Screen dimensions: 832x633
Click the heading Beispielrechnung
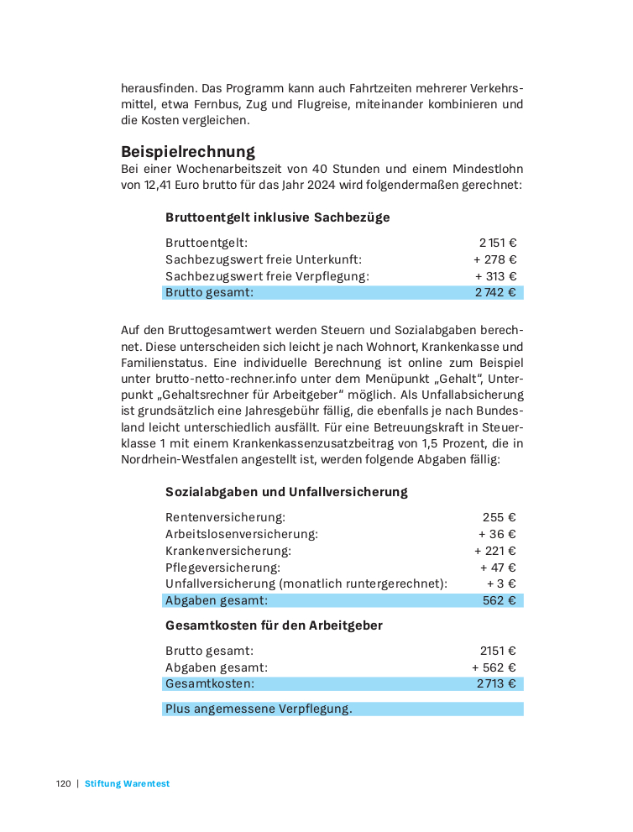[187, 152]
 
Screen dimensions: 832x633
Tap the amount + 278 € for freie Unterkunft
[495, 259]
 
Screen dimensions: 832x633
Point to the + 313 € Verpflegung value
[495, 276]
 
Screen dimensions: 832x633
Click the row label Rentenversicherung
[225, 517]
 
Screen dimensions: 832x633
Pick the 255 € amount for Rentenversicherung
[499, 517]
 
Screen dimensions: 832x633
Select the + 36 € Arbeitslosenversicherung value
[497, 534]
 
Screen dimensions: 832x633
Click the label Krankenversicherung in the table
[228, 551]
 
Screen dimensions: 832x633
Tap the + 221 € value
[495, 551]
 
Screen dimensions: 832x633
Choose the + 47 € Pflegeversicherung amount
[497, 568]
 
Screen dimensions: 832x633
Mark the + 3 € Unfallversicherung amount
[501, 583]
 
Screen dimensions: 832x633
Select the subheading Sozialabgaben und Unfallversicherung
[286, 492]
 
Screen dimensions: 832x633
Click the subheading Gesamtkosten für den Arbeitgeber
[274, 625]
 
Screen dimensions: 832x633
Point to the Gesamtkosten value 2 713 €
[496, 684]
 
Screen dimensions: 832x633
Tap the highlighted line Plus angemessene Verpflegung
[259, 709]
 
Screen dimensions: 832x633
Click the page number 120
[64, 784]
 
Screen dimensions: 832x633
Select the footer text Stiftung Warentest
[127, 784]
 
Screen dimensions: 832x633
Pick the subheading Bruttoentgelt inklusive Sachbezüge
[277, 217]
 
